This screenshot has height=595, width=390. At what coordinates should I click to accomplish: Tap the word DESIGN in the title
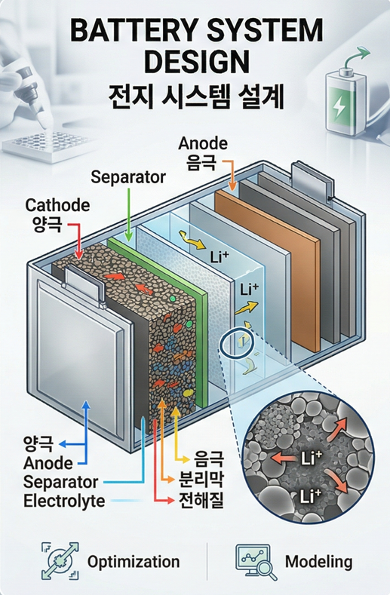[197, 61]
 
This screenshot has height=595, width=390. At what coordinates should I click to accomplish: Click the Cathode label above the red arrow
[58, 205]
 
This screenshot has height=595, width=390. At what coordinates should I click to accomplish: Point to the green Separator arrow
[129, 214]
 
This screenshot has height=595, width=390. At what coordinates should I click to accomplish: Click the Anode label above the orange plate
[203, 143]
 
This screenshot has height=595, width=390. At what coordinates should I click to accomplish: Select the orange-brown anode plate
[269, 269]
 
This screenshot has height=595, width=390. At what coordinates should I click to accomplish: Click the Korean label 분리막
[201, 480]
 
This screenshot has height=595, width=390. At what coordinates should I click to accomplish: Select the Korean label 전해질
[201, 500]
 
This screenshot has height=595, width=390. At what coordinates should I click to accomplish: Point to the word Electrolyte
[64, 501]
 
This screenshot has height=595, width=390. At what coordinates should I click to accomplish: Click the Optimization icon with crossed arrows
[60, 561]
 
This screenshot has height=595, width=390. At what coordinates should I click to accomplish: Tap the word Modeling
[318, 562]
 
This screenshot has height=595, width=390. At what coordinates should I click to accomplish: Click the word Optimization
[134, 562]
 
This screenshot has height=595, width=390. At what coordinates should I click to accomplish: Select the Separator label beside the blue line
[61, 482]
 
